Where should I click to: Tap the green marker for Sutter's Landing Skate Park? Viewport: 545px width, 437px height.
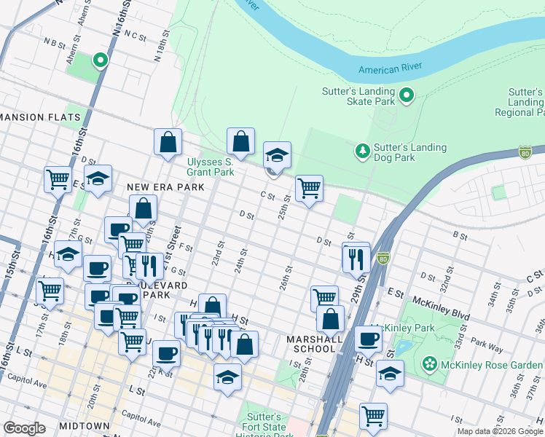click(x=407, y=95)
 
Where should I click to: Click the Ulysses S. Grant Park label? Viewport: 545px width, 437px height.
click(x=211, y=167)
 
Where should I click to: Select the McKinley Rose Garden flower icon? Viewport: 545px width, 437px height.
click(x=430, y=362)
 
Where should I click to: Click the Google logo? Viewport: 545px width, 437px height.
click(x=24, y=428)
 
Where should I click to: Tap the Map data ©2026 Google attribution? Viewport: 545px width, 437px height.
click(x=500, y=431)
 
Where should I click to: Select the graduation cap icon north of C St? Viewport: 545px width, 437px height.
click(x=277, y=154)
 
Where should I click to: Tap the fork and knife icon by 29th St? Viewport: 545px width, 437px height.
click(x=356, y=259)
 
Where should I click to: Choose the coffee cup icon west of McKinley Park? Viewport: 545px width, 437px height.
click(x=369, y=339)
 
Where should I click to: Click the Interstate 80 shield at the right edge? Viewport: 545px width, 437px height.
click(x=525, y=151)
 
